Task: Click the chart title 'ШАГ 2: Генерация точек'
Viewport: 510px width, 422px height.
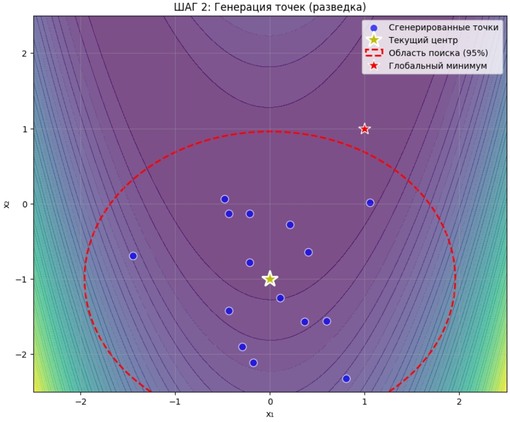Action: click(270, 7)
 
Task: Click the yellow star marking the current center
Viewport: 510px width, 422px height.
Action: click(270, 279)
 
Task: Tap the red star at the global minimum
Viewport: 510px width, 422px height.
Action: click(364, 129)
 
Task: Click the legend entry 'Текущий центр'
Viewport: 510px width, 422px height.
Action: click(423, 40)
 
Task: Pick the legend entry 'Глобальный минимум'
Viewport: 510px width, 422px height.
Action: click(431, 66)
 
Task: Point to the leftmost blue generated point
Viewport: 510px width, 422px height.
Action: click(133, 256)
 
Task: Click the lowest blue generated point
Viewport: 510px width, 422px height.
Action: click(346, 378)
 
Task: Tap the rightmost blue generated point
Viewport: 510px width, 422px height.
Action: click(370, 203)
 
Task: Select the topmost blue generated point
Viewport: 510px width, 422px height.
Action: click(225, 199)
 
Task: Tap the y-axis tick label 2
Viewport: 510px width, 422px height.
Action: click(24, 54)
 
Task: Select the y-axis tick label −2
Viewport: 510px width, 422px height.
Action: click(22, 355)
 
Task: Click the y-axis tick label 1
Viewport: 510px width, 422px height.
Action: click(24, 129)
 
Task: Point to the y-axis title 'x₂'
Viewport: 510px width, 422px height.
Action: click(7, 204)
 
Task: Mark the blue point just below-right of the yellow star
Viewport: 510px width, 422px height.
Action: click(280, 298)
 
